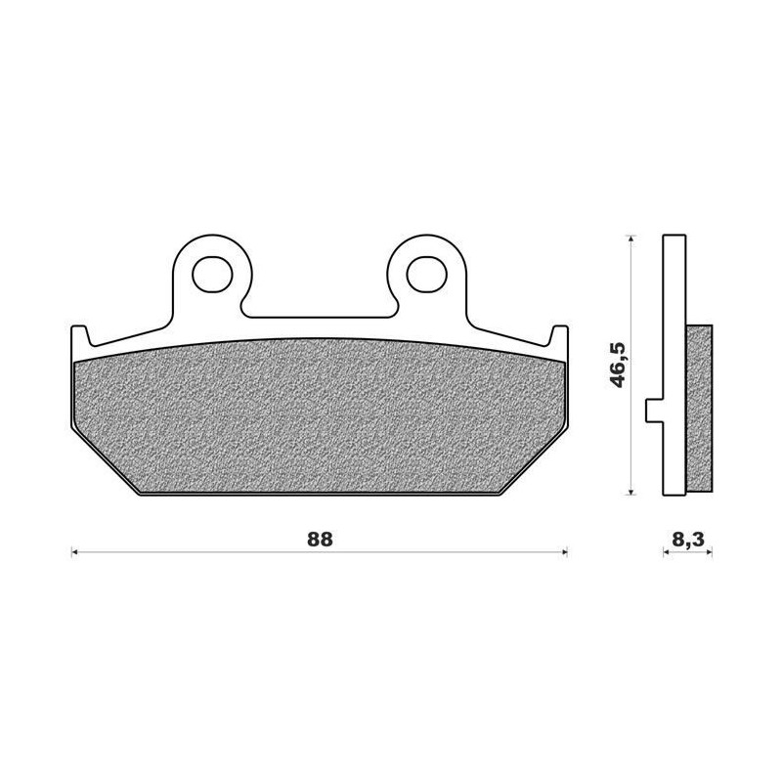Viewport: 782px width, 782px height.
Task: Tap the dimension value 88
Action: click(319, 540)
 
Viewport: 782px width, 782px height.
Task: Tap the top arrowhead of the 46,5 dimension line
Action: click(632, 239)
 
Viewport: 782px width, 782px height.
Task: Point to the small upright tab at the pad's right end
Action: click(559, 336)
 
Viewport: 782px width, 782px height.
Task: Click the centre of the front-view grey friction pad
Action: click(319, 415)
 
